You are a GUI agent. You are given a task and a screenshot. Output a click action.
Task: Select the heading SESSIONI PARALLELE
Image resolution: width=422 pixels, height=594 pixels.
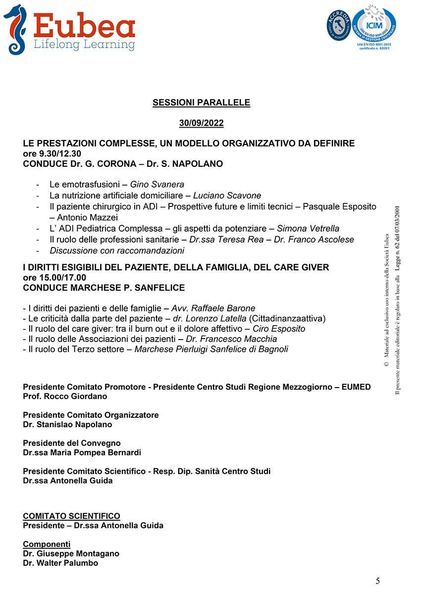(201, 103)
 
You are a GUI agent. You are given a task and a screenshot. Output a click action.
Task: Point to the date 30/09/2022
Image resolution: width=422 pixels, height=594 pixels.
(201, 123)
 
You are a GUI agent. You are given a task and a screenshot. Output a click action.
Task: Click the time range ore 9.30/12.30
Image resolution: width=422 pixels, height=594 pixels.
(52, 153)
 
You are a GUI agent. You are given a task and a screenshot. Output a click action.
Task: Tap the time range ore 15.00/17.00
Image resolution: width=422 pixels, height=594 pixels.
(54, 277)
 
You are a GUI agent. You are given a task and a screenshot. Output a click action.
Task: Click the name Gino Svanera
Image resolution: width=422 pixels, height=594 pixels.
(157, 185)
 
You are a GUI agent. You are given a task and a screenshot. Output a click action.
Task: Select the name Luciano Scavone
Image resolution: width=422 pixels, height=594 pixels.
(227, 196)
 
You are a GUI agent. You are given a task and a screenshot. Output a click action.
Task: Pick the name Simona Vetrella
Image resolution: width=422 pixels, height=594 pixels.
(308, 229)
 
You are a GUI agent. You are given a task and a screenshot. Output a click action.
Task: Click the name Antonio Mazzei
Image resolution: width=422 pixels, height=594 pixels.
(88, 217)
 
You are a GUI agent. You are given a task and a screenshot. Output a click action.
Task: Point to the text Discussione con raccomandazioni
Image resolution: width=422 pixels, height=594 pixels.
(117, 250)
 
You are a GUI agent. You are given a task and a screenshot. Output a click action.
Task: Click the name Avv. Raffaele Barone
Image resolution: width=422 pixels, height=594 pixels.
(213, 308)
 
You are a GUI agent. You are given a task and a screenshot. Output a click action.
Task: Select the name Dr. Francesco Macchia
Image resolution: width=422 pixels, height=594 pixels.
(231, 339)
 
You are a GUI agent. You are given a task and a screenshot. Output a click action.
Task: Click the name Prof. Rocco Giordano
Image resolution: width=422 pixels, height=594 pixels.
(65, 396)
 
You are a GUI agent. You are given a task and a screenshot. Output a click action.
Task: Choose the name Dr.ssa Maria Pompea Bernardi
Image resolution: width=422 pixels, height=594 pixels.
(82, 452)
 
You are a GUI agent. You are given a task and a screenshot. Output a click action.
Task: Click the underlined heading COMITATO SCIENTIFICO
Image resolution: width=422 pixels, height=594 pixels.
(71, 516)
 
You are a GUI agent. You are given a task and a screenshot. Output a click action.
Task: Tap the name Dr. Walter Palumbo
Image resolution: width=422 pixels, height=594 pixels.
(60, 563)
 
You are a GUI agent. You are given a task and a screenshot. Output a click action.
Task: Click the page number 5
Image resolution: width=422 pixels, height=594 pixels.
(378, 581)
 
